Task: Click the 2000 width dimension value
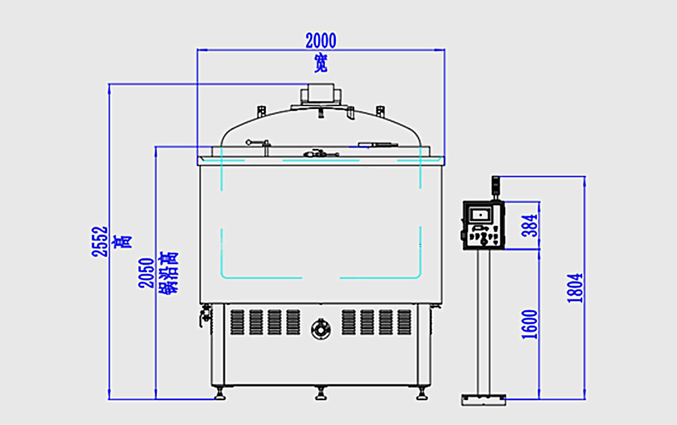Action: pos(320,41)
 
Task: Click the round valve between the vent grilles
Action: pos(320,329)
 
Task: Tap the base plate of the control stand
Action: pos(483,400)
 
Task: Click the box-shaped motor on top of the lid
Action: pos(320,93)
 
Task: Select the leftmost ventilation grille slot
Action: pos(236,321)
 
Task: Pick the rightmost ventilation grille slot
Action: pos(404,321)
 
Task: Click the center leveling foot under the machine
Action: pos(320,392)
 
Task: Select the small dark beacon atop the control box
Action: pos(495,183)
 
